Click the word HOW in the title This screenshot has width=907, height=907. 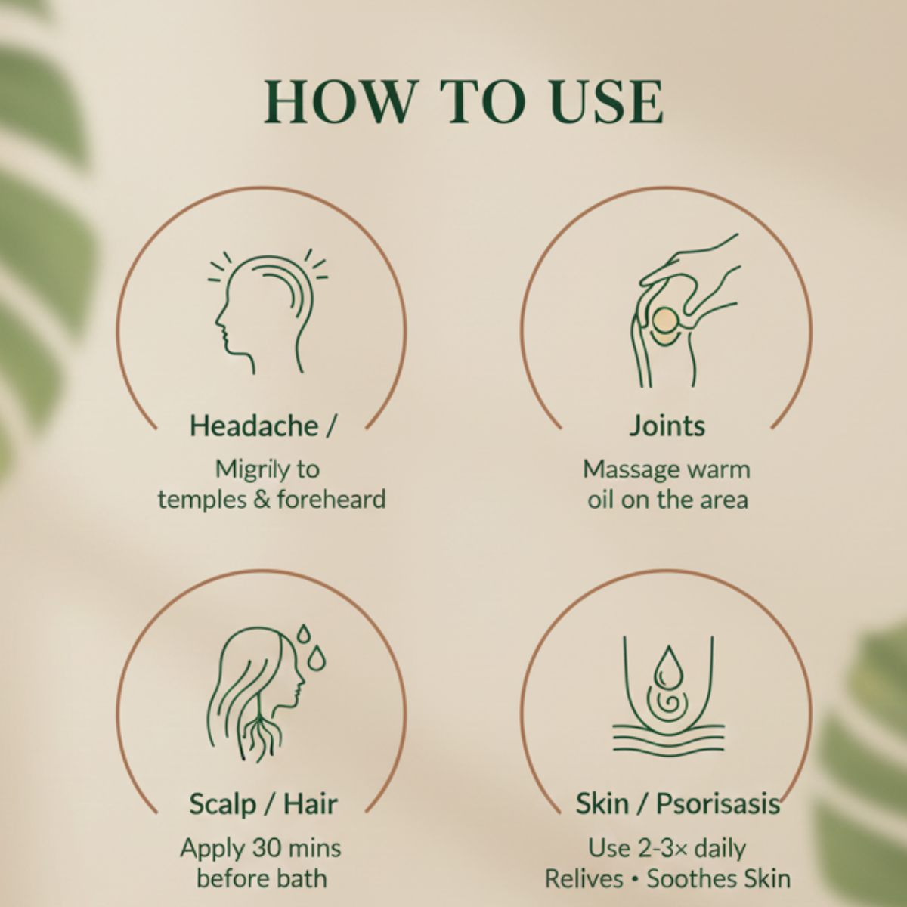coord(341,102)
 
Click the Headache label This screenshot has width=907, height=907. coord(254,426)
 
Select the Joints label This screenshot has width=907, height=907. coord(667,426)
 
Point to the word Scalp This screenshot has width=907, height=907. coord(223,804)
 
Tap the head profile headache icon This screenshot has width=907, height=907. coord(268,311)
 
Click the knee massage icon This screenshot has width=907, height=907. coord(685,311)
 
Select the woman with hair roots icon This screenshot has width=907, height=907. coord(266,692)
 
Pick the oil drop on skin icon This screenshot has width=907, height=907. coord(668,694)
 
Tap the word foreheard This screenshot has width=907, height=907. coord(331,499)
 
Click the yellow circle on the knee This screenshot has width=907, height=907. coord(666,320)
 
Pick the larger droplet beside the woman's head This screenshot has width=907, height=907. coord(316,658)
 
